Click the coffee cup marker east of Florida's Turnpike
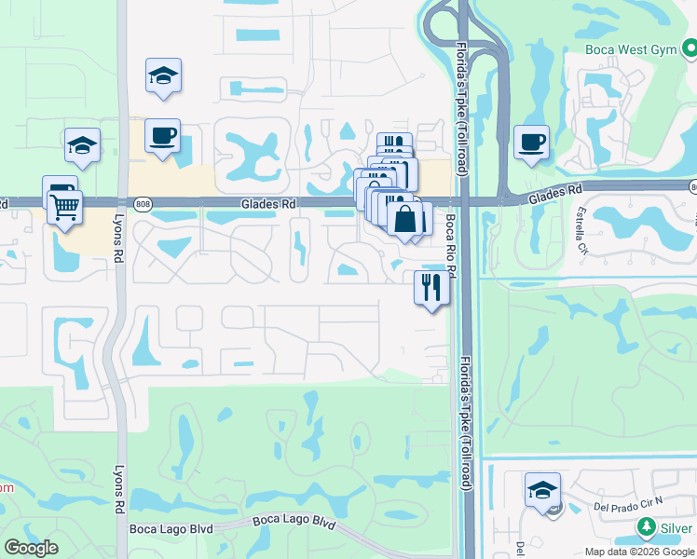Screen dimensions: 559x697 [x=531, y=143]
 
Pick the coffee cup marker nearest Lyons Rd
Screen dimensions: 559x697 [x=163, y=137]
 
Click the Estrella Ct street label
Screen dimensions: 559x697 [x=583, y=230]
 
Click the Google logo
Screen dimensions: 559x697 [x=31, y=548]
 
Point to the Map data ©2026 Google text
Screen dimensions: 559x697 [x=639, y=552]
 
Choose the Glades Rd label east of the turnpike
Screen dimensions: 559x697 [x=556, y=196]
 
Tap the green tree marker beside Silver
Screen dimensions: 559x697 [x=647, y=528]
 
